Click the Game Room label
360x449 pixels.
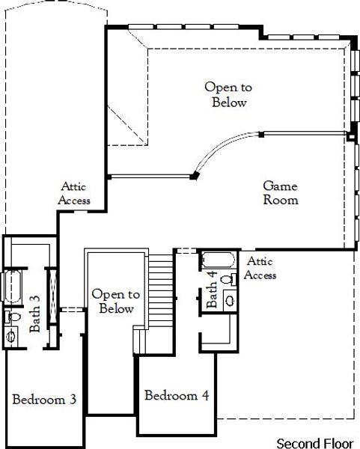coord(281,193)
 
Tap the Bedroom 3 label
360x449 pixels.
coord(44,400)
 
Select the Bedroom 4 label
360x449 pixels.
coord(177,395)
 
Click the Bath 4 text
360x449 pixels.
coord(213,290)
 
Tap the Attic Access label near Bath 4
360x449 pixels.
coord(261,269)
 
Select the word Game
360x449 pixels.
coord(281,186)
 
